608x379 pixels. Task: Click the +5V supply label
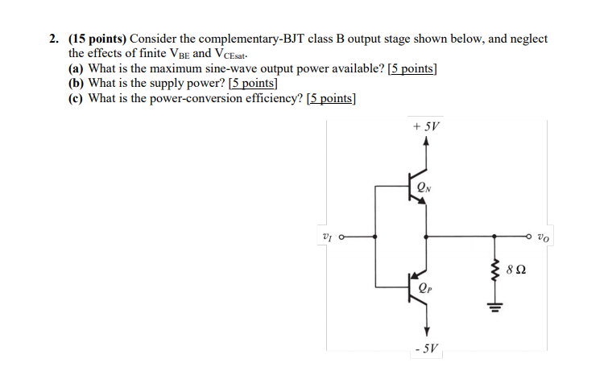(x=426, y=127)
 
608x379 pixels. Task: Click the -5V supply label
(x=426, y=349)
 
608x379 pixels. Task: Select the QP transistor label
(x=424, y=286)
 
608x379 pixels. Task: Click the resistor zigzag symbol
(x=494, y=271)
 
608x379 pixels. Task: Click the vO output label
(x=544, y=237)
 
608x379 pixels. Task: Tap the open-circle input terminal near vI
(x=342, y=237)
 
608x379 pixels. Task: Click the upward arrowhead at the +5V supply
(x=426, y=142)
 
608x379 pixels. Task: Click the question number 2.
(x=52, y=39)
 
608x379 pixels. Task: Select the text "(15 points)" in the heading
(x=97, y=39)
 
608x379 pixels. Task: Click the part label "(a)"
(x=77, y=68)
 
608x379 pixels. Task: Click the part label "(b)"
(x=77, y=83)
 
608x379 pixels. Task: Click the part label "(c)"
(x=77, y=98)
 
